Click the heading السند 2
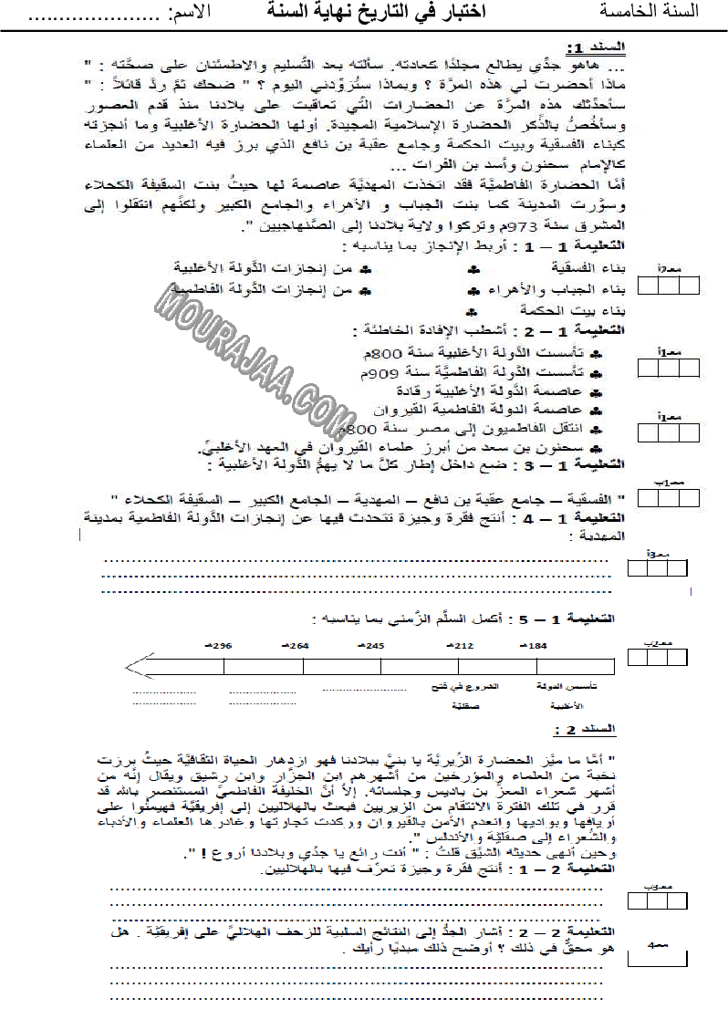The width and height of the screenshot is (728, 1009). point(598,729)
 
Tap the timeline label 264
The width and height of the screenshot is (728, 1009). point(297,646)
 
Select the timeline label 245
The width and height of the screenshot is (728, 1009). point(372,646)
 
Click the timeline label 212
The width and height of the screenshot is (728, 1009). point(462,646)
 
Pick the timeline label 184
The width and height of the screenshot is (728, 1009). point(535,646)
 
